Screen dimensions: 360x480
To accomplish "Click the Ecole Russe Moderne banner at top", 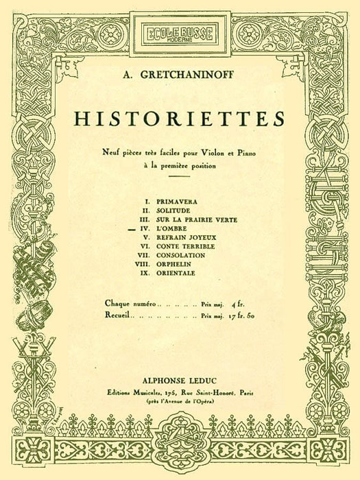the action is (180, 32).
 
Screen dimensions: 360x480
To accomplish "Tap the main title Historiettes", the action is (180, 118).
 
